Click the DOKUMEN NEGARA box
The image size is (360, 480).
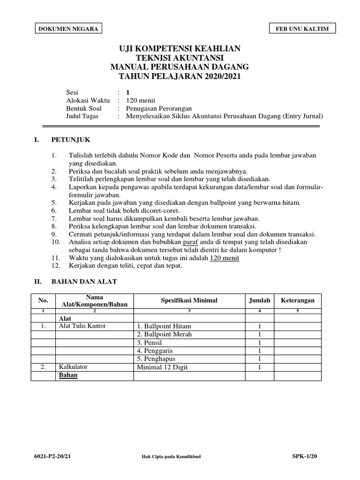coord(68,29)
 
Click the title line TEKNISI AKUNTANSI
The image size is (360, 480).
coord(180,58)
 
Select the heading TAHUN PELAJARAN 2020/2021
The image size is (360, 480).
coord(180,76)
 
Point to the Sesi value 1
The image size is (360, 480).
coord(128,92)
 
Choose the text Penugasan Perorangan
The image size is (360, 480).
coord(159,108)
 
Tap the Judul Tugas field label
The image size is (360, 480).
coord(82,116)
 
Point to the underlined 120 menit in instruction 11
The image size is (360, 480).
coord(225,258)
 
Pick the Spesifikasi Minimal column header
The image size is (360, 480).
coord(189,300)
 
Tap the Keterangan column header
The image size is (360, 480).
coord(298,300)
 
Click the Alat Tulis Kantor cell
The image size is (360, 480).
coord(81,326)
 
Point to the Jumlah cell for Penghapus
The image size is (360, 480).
coord(259,359)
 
